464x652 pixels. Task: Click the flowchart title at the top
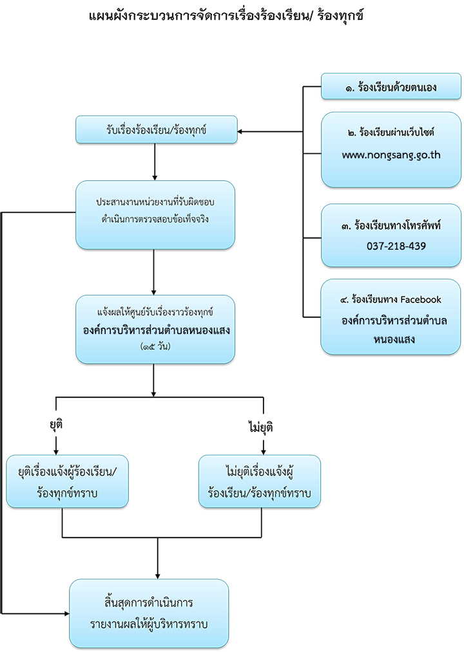coord(226,15)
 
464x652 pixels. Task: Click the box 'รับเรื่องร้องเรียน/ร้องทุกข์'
coord(156,130)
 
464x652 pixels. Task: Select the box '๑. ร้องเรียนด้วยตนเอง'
coord(391,86)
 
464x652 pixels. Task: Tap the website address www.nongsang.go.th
coord(391,155)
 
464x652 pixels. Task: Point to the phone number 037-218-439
coord(396,246)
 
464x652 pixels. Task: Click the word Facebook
coord(421,299)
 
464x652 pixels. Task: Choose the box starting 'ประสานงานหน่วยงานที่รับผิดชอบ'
coord(155,215)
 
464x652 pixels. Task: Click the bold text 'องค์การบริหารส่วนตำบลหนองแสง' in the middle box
coord(156,330)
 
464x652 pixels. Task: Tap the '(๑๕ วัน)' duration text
coord(155,346)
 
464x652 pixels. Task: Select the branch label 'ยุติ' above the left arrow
coord(56,425)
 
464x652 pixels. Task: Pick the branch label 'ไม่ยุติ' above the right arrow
coord(261,427)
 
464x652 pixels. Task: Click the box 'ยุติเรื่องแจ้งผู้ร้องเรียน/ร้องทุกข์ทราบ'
coord(67,481)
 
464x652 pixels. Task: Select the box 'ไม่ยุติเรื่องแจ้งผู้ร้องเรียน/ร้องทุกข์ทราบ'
coord(260,481)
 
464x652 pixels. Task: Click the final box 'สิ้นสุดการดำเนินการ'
coord(149,613)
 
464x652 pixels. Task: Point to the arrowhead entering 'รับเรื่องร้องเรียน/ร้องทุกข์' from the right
coord(240,131)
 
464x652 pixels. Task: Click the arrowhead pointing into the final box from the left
coord(66,613)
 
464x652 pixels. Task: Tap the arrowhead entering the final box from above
coord(157,576)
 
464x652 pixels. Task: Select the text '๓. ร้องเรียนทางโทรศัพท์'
coord(391,226)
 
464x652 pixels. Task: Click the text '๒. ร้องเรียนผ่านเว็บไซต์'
coord(391,132)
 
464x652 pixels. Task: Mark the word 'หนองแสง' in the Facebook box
coord(394,339)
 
